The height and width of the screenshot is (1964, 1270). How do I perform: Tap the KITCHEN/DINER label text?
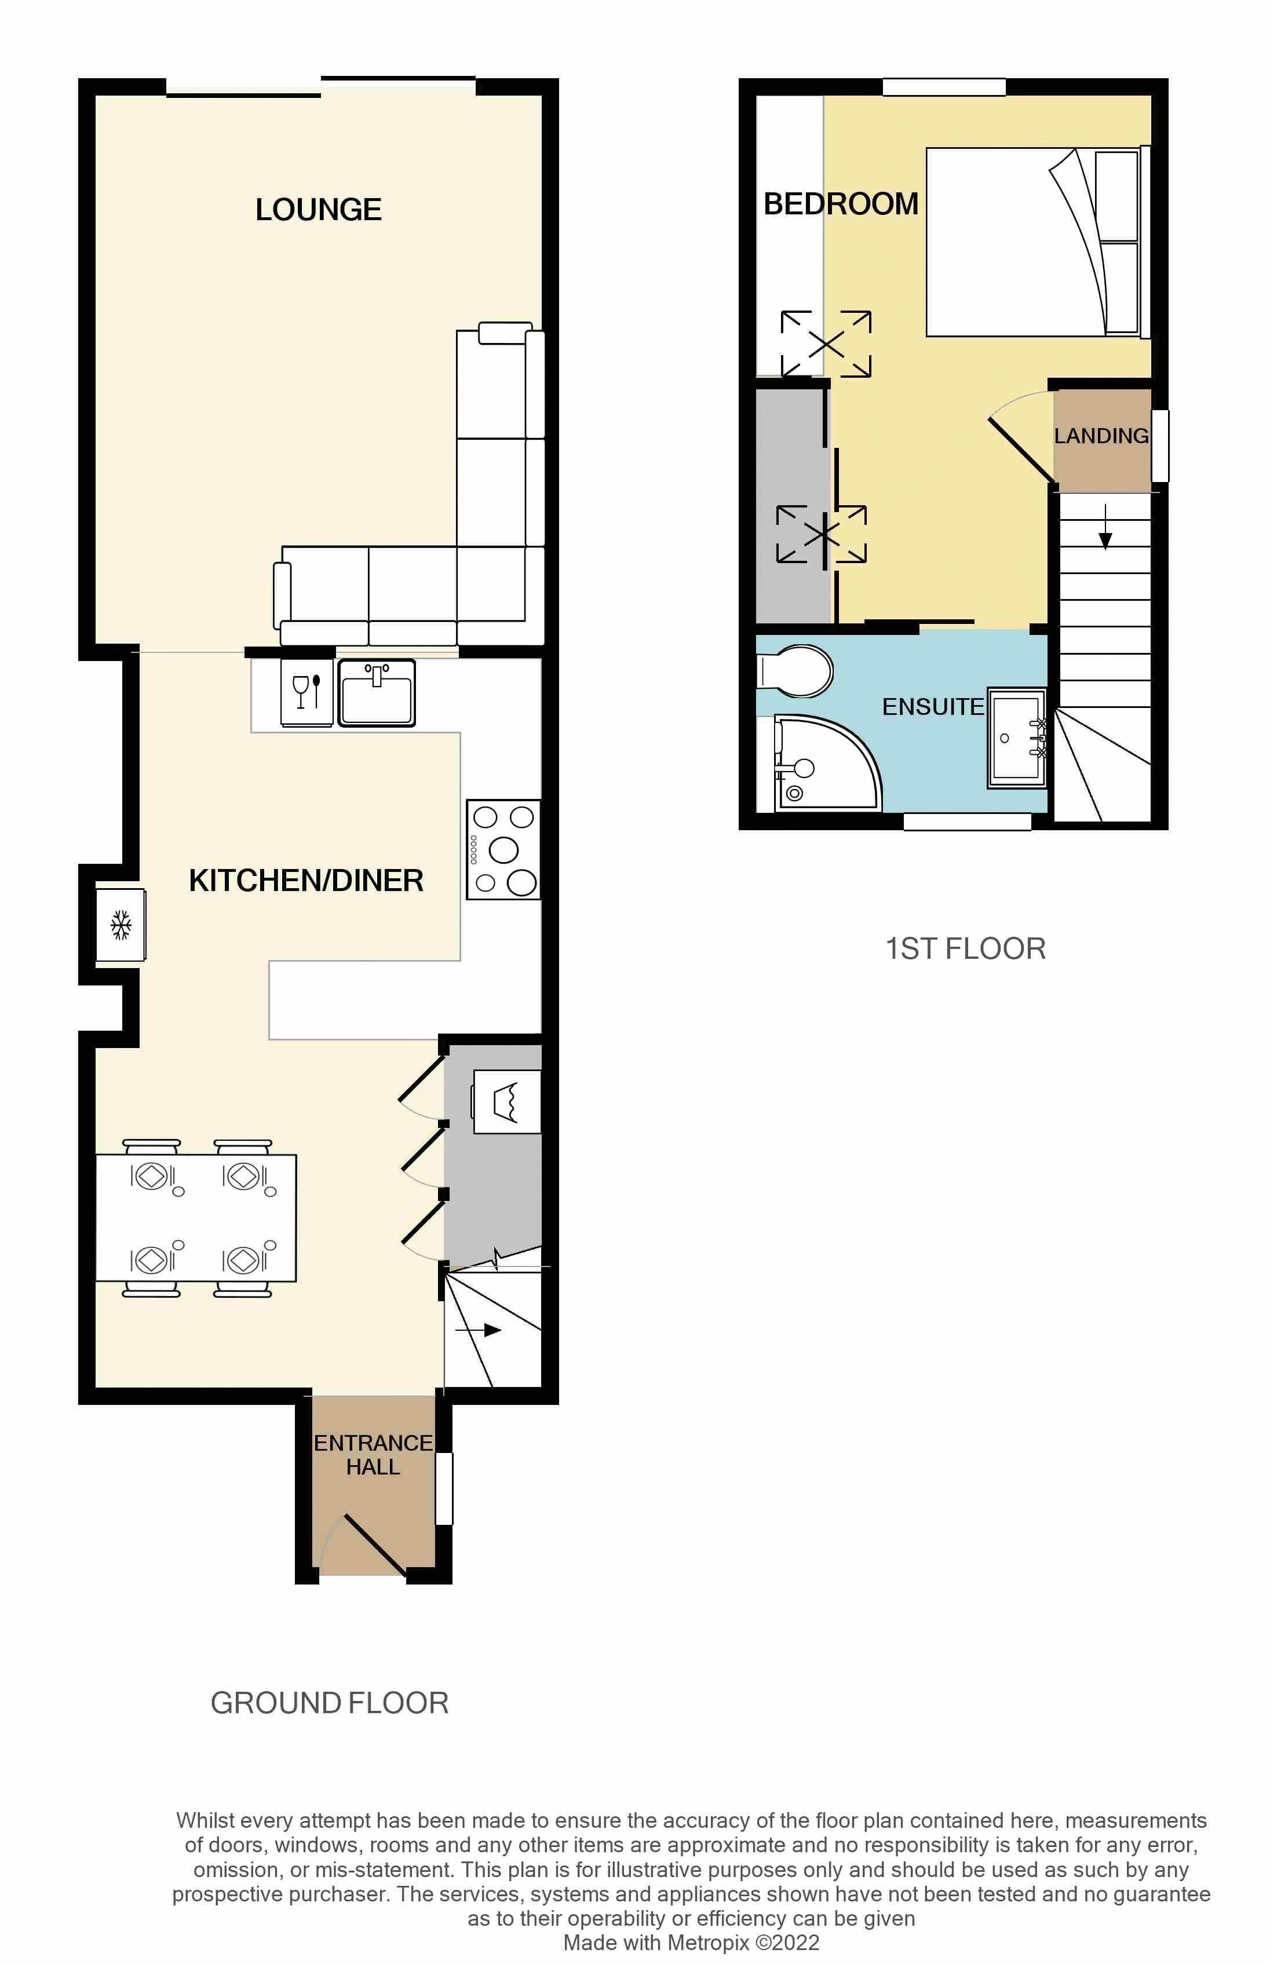click(x=306, y=881)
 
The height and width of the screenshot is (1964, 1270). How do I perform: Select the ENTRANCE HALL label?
click(x=373, y=1454)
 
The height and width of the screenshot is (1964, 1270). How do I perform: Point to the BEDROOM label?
click(x=840, y=204)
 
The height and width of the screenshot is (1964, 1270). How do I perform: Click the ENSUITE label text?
click(x=933, y=707)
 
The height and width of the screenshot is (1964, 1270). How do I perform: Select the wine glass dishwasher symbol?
click(x=306, y=692)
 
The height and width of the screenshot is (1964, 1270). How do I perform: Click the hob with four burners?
click(x=503, y=849)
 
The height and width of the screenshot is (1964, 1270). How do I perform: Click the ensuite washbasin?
click(x=1017, y=738)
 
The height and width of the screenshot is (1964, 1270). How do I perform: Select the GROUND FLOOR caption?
click(x=329, y=1703)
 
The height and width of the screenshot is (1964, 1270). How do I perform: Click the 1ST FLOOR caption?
click(x=965, y=948)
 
